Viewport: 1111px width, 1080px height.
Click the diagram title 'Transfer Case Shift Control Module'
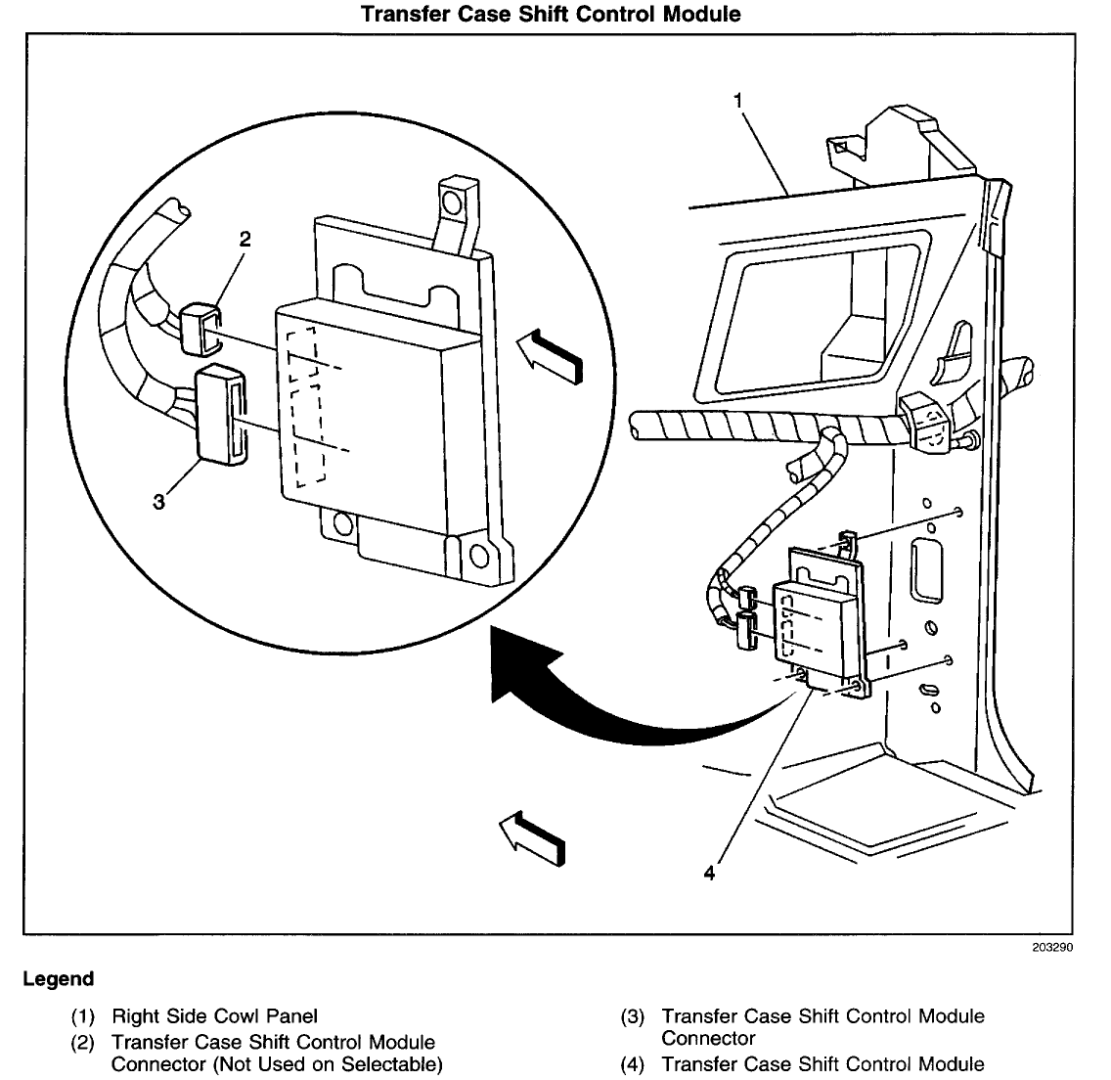(x=551, y=14)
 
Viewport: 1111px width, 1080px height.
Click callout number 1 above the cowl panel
(x=740, y=100)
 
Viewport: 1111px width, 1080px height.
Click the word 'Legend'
(x=58, y=979)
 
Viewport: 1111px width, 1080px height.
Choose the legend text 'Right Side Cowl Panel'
(x=214, y=1016)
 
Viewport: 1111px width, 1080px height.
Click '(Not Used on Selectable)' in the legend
(x=270, y=1063)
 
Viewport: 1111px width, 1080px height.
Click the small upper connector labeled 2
(x=201, y=326)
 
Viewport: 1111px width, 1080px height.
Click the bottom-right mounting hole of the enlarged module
(x=478, y=557)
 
